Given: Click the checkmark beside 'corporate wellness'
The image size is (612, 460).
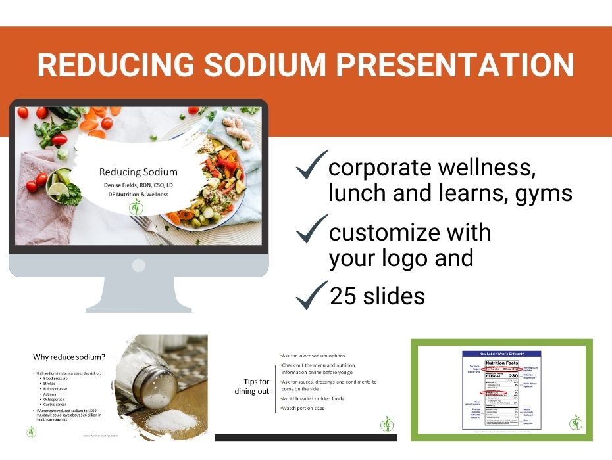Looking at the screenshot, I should coord(311,166).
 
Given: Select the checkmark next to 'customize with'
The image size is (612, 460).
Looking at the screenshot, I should coord(311,229).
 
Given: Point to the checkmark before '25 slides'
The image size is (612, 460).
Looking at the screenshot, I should coord(311,294).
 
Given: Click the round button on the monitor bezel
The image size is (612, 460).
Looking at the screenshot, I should coord(139,265).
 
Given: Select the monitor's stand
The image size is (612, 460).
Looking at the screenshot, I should coord(139,295).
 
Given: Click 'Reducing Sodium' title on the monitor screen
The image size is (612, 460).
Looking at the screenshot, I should coord(138,172).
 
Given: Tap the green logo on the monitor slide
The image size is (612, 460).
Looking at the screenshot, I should coord(138,208).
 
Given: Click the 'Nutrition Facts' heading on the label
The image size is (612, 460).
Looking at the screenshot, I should coord(501,363).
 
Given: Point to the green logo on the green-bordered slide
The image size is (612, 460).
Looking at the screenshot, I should coord(576,421).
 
